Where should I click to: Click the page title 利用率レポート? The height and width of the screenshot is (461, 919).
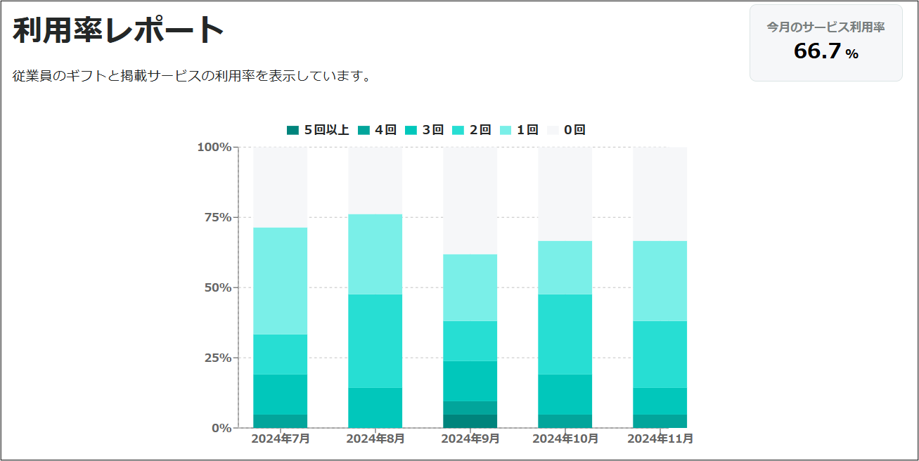click(118, 30)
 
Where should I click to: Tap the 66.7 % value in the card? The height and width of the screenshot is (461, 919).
click(825, 51)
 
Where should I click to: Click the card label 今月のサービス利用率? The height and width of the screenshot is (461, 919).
click(825, 27)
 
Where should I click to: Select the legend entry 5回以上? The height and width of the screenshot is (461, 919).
click(318, 130)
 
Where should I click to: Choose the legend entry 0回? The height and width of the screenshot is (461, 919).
click(566, 130)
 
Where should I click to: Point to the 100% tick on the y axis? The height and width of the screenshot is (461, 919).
click(214, 147)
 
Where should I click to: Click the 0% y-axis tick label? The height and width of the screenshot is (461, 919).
click(221, 427)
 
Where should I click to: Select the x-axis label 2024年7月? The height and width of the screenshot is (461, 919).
click(281, 439)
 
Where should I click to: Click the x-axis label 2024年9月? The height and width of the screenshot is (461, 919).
click(470, 439)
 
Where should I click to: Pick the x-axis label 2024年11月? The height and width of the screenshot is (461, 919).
click(660, 439)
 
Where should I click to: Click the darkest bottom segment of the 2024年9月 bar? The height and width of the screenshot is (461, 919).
click(470, 421)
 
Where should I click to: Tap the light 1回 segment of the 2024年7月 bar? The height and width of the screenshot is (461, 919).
click(280, 280)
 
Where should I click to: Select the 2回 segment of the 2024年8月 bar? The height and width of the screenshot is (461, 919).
click(375, 341)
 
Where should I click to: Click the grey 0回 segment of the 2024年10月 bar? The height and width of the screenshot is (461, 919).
click(565, 194)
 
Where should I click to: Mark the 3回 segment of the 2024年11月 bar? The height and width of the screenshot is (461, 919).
click(660, 401)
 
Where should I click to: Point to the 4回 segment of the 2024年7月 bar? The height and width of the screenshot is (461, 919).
click(280, 421)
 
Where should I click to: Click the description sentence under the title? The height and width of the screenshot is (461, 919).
click(192, 76)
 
